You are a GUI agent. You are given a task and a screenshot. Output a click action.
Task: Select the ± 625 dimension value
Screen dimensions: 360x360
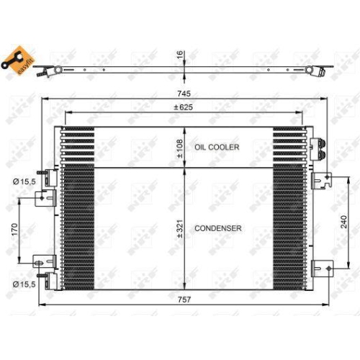coord(184,108)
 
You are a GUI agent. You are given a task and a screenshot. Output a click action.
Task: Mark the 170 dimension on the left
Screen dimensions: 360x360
coord(13,230)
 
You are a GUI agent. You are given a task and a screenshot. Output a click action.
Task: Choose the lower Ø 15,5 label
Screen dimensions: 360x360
coord(25,284)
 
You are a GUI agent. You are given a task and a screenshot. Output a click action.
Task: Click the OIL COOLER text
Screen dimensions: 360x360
coord(217,147)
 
